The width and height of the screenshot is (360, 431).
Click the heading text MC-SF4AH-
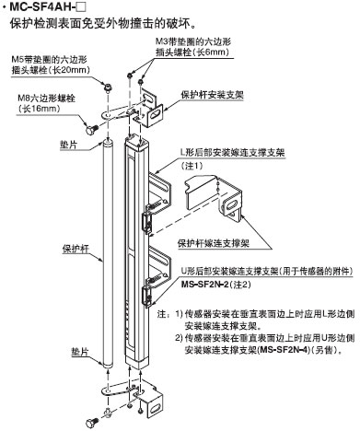pos(43,6)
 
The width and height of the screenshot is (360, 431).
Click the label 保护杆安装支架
pos(212,95)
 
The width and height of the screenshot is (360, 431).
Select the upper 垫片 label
pos(68,145)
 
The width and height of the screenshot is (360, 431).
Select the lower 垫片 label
pos(80,352)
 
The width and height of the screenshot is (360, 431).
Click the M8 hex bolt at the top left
pos(90,129)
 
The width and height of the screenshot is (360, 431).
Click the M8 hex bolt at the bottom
pos(91,422)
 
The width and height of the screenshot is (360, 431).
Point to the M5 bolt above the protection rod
pos(108,87)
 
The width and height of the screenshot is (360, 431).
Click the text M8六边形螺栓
pos(47,99)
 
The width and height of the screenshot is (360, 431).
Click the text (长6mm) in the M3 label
pos(209,52)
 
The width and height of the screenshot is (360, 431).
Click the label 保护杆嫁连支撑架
pos(214,243)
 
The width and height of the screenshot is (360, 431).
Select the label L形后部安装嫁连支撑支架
pos(232,153)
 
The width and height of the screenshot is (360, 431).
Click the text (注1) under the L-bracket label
pos(192,166)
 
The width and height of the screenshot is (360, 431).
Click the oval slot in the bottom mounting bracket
pos(156,408)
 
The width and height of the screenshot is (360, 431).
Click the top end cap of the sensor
pos(136,143)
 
